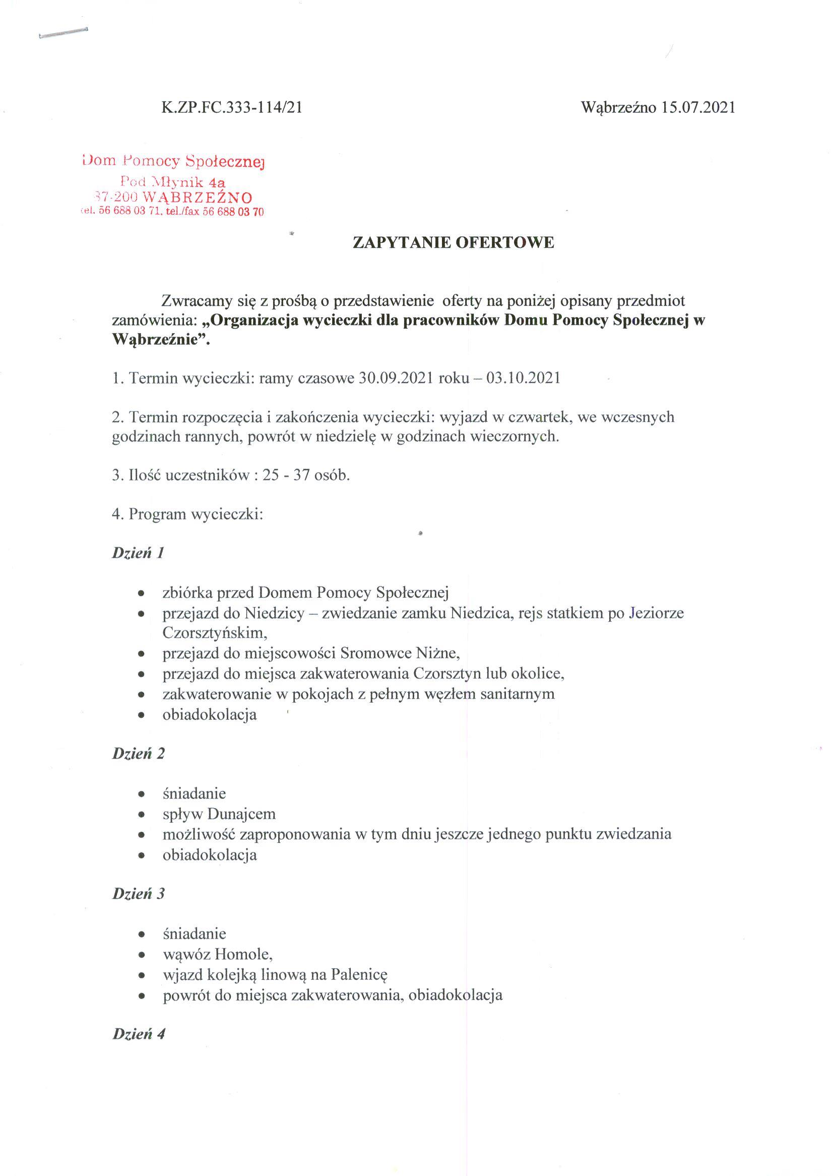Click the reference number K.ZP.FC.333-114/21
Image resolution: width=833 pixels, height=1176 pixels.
pyautogui.click(x=231, y=108)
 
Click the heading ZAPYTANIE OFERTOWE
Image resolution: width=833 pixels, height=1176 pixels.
pyautogui.click(x=454, y=242)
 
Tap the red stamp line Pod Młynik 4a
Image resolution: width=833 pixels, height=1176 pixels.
pyautogui.click(x=173, y=181)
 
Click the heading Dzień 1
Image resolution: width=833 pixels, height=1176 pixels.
pyautogui.click(x=138, y=553)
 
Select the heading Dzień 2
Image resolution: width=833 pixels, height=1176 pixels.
pyautogui.click(x=139, y=754)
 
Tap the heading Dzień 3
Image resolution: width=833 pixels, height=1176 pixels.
pyautogui.click(x=139, y=894)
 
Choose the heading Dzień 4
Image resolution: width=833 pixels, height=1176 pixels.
pyautogui.click(x=139, y=1033)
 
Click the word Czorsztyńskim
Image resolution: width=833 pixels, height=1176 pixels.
pyautogui.click(x=214, y=633)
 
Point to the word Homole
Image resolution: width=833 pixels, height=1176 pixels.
pyautogui.click(x=242, y=954)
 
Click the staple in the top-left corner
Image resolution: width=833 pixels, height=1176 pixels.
pyautogui.click(x=62, y=32)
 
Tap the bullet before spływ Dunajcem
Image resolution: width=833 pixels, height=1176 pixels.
pyautogui.click(x=142, y=815)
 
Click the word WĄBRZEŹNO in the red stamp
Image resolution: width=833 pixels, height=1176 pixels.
pyautogui.click(x=197, y=198)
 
